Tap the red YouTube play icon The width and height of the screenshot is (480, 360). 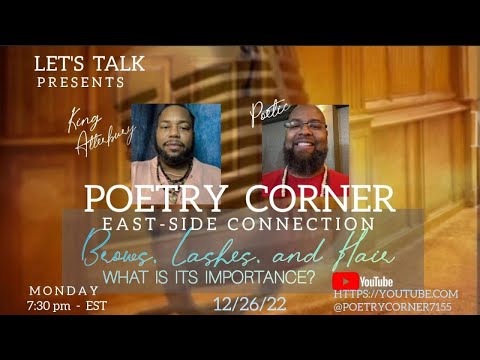[x=345, y=281]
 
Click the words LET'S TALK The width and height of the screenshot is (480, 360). [x=89, y=63]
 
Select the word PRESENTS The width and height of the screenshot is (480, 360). [x=81, y=82]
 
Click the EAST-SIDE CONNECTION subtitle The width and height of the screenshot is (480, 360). [x=239, y=224]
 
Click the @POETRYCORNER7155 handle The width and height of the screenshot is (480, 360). [x=396, y=308]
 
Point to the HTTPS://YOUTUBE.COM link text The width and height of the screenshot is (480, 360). [x=396, y=294]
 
